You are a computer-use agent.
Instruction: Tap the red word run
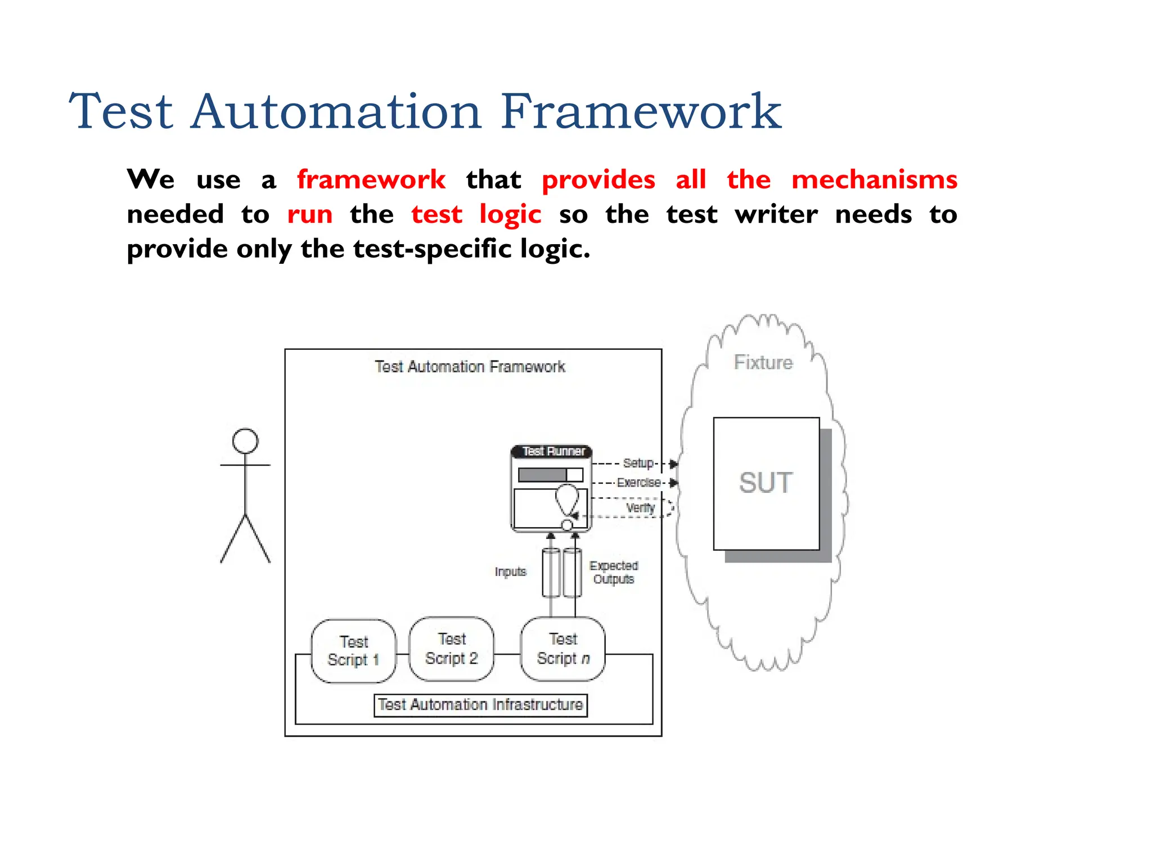click(x=309, y=215)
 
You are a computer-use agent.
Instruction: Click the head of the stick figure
click(x=245, y=441)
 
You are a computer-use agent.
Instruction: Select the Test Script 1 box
click(x=353, y=651)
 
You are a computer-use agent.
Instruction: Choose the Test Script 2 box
click(x=451, y=649)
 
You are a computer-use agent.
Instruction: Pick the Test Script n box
click(x=562, y=649)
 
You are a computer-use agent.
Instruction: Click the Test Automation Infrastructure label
click(x=480, y=705)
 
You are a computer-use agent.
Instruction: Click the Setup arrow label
click(x=638, y=463)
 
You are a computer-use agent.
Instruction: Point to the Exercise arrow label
click(x=638, y=483)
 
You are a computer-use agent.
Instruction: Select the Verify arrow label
click(x=641, y=507)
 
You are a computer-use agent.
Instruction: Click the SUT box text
click(x=766, y=483)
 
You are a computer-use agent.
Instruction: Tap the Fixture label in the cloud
click(x=763, y=363)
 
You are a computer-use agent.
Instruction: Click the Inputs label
click(x=510, y=571)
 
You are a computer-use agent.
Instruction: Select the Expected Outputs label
click(x=614, y=572)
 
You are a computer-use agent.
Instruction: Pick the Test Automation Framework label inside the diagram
click(x=470, y=367)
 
